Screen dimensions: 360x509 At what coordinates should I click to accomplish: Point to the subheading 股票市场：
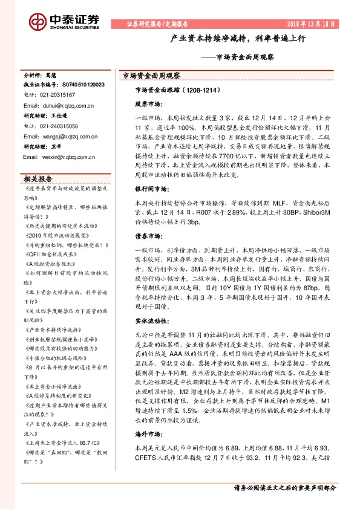pyautogui.click(x=148, y=104)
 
